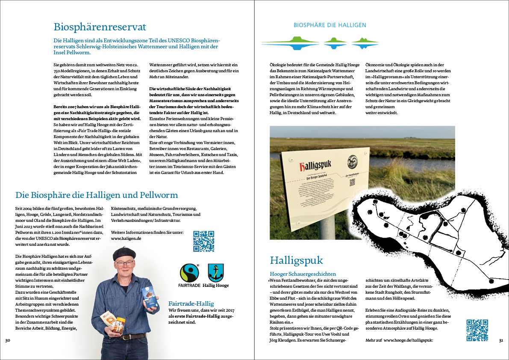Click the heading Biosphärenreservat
pyautogui.click(x=100, y=27)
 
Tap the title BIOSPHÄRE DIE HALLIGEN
pyautogui.click(x=330, y=25)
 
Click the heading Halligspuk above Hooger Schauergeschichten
pyautogui.click(x=296, y=260)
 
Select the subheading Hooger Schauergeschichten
pyautogui.click(x=303, y=274)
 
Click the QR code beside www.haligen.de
pyautogui.click(x=203, y=241)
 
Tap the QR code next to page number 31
pyautogui.click(x=477, y=330)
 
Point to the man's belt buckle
pyautogui.click(x=124, y=337)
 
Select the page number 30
pyautogui.click(x=7, y=340)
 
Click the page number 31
pyautogui.click(x=501, y=340)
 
